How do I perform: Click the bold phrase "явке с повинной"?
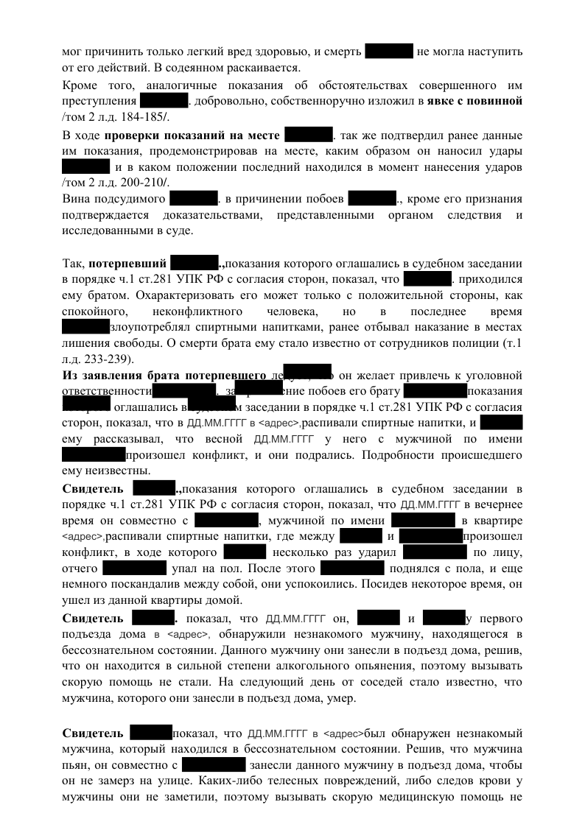click(x=475, y=100)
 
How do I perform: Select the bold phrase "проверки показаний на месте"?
click(x=192, y=136)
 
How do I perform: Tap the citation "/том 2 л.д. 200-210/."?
click(x=116, y=183)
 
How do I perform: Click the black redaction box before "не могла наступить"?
click(x=389, y=52)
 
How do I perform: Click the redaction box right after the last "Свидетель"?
click(x=150, y=733)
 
